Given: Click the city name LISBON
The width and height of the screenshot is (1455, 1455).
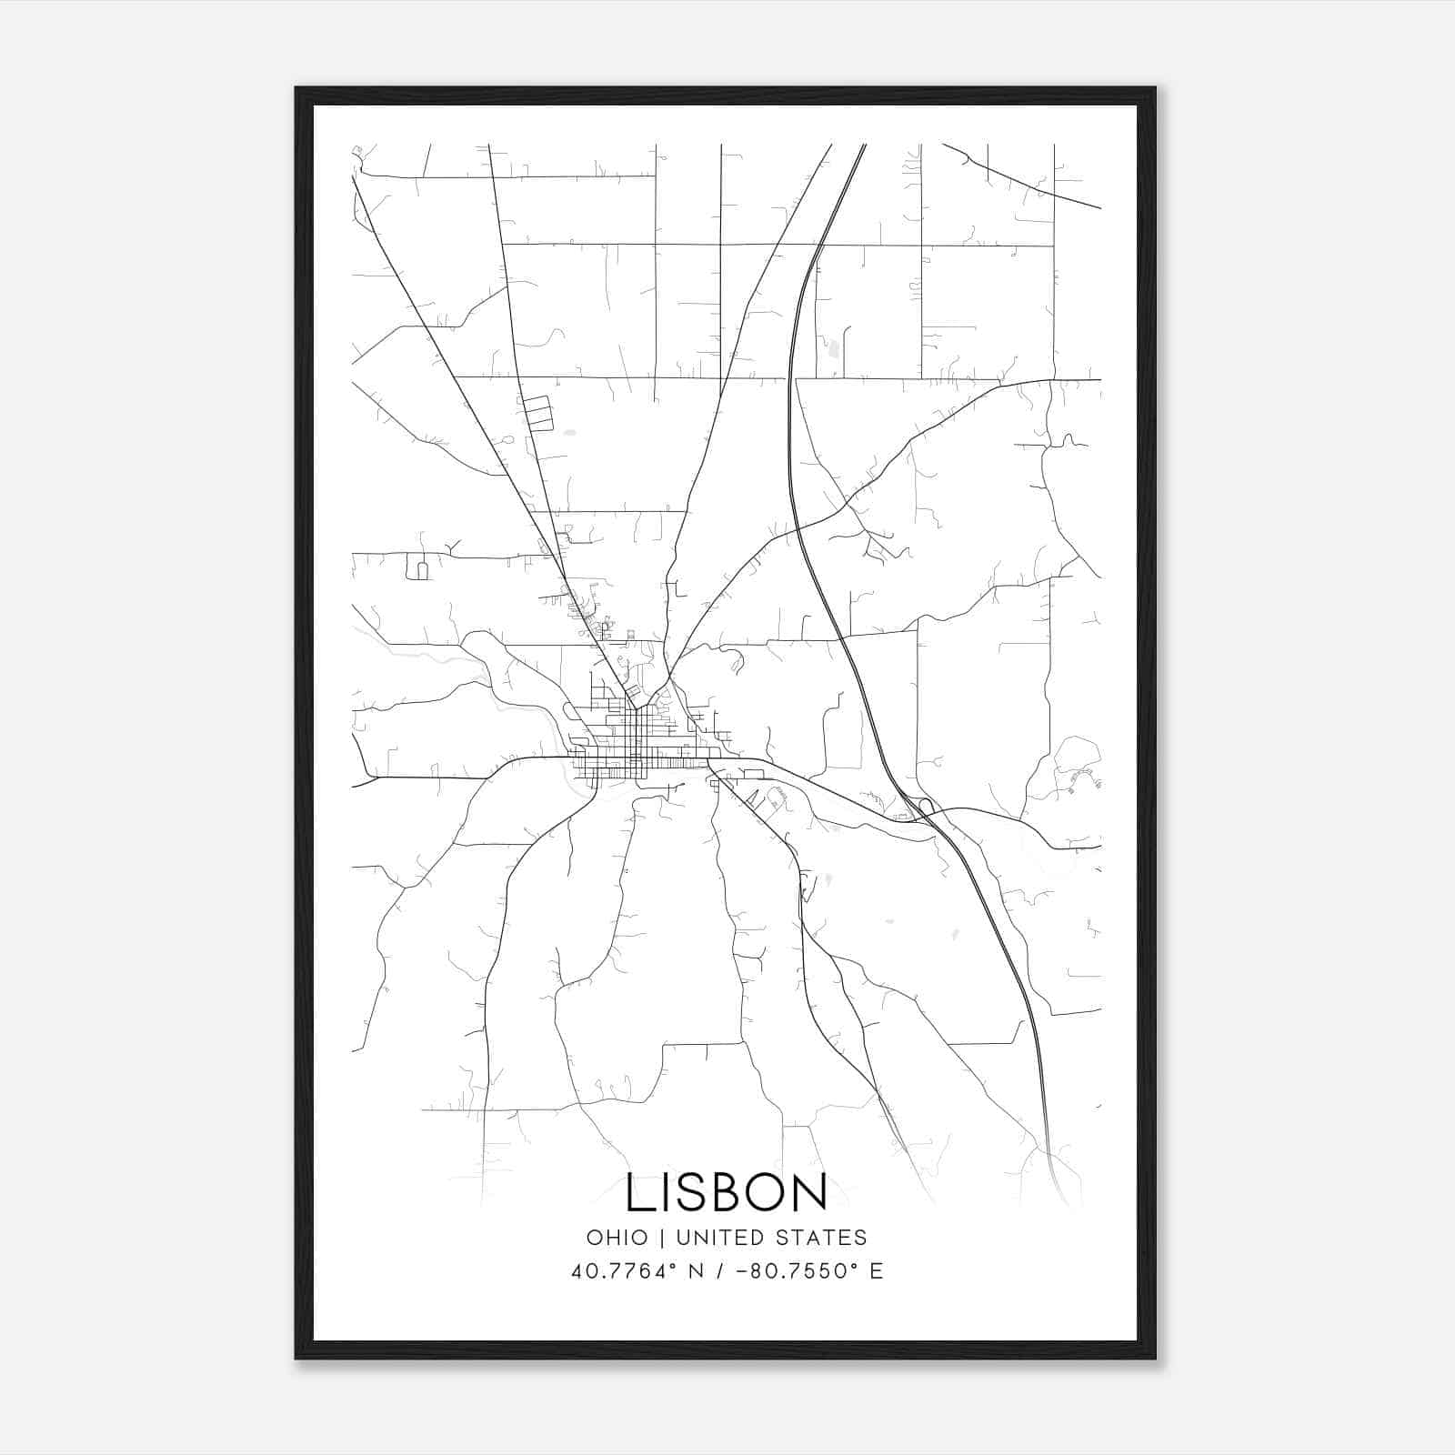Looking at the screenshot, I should [727, 1193].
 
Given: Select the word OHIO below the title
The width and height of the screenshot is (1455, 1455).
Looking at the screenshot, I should [617, 1238].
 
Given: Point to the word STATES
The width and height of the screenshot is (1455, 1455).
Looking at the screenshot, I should [823, 1238].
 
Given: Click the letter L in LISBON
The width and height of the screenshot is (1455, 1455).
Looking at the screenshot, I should [639, 1193].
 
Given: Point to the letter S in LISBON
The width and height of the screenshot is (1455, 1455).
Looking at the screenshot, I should [688, 1193].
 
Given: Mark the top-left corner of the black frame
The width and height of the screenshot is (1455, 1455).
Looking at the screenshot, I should [296, 88].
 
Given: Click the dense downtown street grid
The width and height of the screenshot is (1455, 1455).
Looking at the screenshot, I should [637, 741].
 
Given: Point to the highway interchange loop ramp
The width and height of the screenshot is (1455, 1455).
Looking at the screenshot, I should [925, 806].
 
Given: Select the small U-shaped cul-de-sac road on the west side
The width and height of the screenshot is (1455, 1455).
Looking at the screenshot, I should [421, 570].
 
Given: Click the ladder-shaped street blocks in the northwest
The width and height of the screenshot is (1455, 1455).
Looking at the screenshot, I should [536, 413].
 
